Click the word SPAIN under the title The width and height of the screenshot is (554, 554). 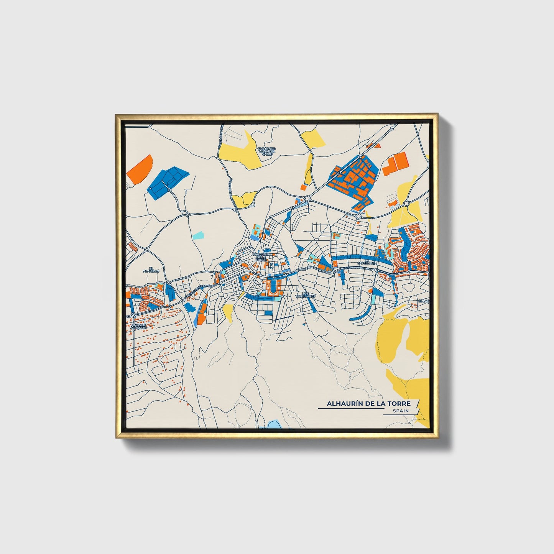coord(400,411)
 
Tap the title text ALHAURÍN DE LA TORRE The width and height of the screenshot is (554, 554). coord(368,403)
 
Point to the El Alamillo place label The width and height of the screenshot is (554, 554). coord(154,270)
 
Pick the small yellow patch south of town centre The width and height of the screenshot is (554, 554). coord(228,312)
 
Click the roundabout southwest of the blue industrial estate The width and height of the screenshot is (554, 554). coord(307,198)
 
